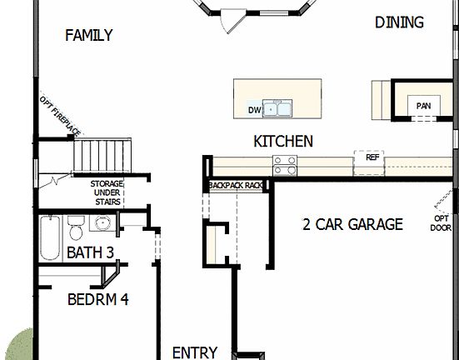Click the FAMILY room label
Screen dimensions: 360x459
[88, 35]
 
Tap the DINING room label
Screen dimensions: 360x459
[399, 22]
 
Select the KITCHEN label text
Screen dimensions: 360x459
[283, 142]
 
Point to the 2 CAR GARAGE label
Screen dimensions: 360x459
[352, 224]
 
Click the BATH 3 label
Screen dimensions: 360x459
[90, 252]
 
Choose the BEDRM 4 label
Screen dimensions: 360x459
[97, 299]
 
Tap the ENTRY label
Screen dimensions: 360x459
[194, 352]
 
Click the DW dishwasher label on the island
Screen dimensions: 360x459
[255, 110]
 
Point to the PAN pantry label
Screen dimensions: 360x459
[424, 106]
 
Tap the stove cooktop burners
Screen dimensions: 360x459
[285, 165]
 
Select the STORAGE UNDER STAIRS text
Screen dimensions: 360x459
[107, 192]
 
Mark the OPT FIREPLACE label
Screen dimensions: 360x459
[60, 115]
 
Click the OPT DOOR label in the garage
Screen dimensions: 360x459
[441, 222]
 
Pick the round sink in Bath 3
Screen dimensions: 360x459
[102, 224]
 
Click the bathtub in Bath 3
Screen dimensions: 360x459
[49, 237]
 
